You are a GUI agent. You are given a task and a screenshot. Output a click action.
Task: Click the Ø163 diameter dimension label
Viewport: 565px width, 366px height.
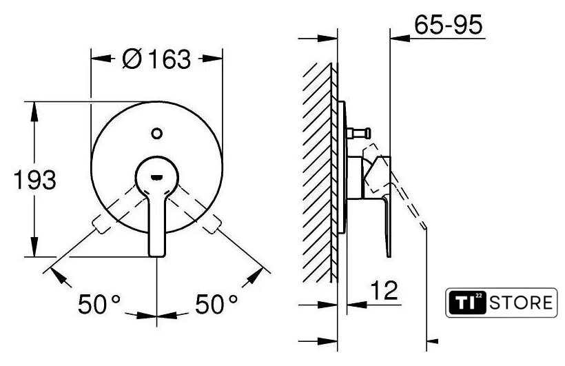point(156,59)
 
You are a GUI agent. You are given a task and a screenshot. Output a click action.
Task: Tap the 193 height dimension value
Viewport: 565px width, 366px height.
point(35,180)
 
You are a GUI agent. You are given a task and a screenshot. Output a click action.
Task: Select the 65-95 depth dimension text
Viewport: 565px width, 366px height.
point(448,25)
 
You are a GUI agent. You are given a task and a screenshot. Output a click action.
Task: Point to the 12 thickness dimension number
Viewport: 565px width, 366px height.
point(384,290)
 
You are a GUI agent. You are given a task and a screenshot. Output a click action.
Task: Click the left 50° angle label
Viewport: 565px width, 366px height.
point(99,304)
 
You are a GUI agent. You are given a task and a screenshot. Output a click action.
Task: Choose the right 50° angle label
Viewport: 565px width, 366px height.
point(216,304)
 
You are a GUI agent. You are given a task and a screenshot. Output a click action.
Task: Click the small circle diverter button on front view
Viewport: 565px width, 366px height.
point(156,134)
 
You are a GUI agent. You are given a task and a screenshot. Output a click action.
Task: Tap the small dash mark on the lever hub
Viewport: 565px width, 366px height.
point(156,177)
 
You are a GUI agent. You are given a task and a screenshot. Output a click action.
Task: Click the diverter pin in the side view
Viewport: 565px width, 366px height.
point(358,133)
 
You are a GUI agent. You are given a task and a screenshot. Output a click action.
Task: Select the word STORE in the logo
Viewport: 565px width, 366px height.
point(521,303)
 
